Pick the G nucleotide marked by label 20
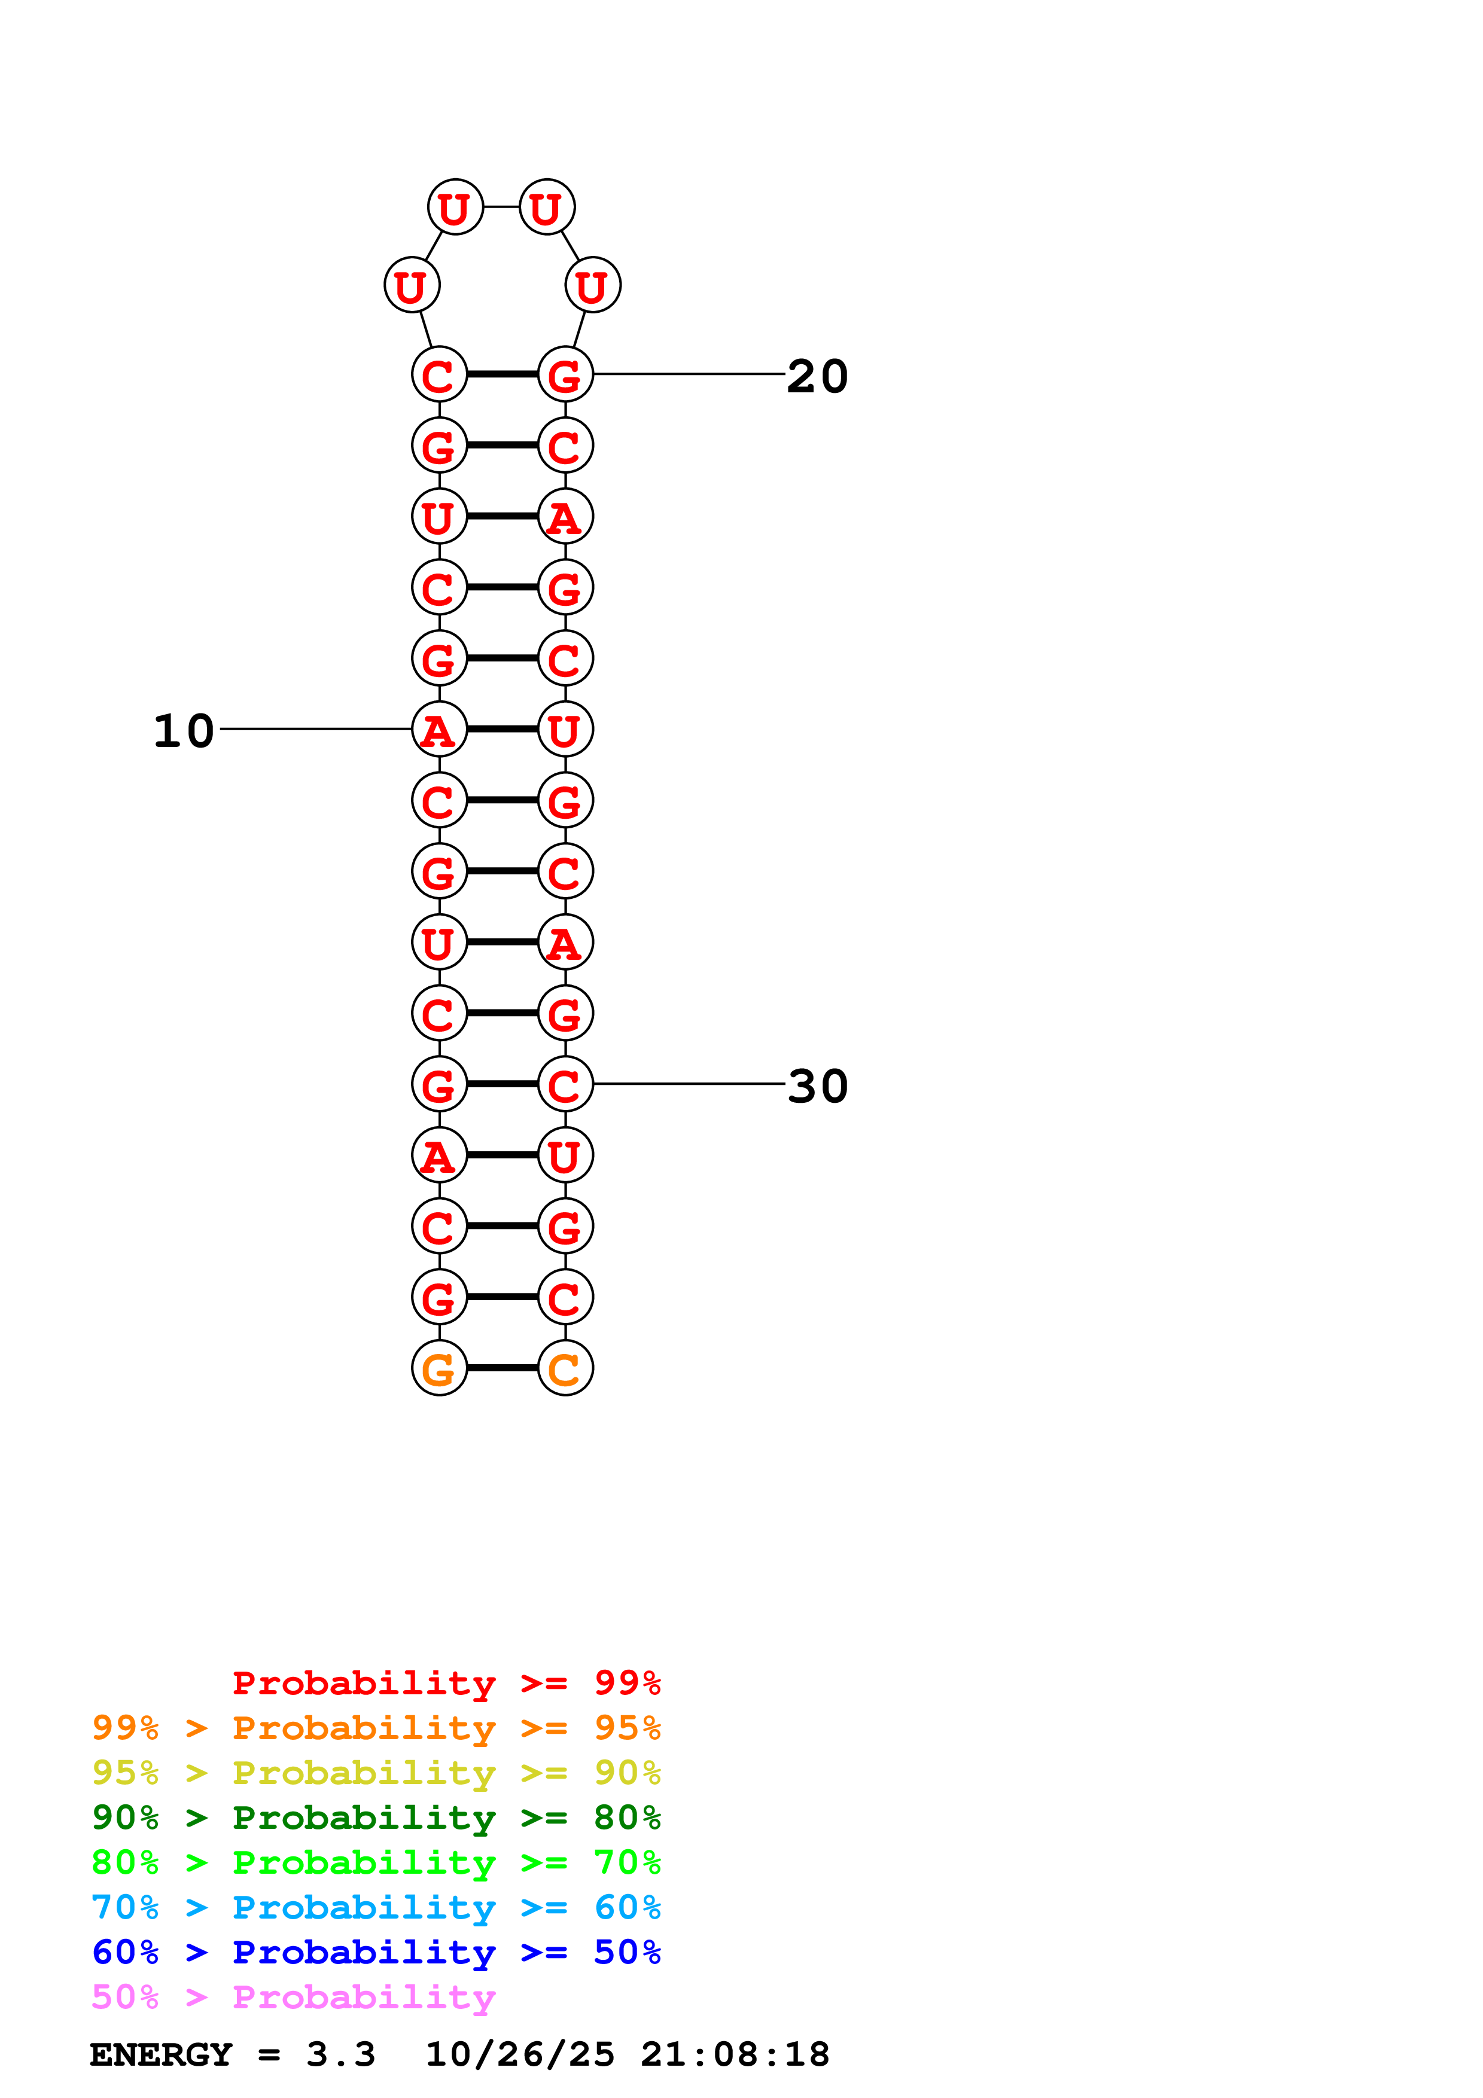point(565,374)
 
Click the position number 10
point(184,731)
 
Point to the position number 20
point(817,376)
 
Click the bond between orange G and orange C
point(502,1368)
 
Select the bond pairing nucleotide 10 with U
point(502,729)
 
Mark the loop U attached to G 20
point(593,285)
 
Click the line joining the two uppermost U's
point(501,206)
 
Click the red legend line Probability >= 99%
point(446,1682)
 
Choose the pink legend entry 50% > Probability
point(293,1996)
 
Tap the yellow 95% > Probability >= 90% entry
point(376,1773)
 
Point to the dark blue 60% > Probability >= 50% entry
point(376,1952)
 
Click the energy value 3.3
point(340,2054)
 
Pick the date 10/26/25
point(520,2054)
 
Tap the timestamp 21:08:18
point(735,2054)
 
